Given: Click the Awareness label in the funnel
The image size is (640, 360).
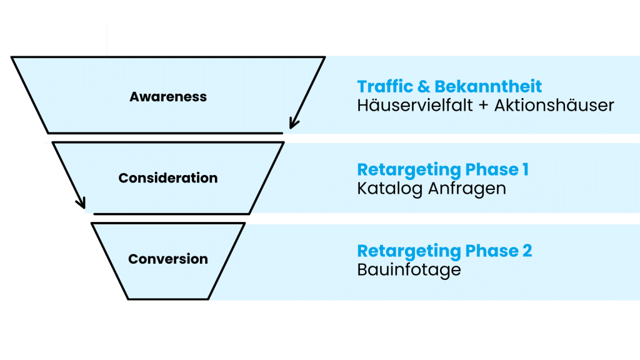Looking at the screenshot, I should click(x=168, y=97).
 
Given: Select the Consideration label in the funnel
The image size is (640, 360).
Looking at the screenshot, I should click(x=168, y=178).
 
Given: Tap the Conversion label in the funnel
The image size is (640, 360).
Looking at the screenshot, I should click(x=168, y=259).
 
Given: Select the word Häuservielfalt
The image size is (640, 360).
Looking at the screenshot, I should click(x=417, y=105).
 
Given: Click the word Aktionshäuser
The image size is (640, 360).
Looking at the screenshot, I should click(x=554, y=105).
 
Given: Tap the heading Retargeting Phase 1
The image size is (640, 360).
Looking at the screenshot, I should click(x=442, y=169).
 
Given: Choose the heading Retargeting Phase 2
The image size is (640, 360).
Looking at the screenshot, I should click(x=444, y=251).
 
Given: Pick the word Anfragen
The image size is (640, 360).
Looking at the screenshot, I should click(x=467, y=188).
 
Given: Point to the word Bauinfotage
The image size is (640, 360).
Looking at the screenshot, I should click(x=409, y=269).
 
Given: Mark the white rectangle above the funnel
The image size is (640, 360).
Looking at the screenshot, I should click(x=53, y=39).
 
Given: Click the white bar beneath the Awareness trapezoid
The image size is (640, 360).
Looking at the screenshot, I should click(x=89, y=137).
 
